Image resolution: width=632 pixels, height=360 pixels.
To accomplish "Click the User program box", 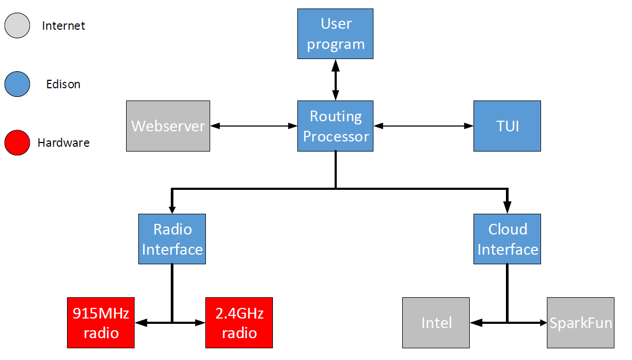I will pyautogui.click(x=335, y=34).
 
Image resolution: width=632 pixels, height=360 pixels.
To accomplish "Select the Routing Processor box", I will pyautogui.click(x=335, y=126).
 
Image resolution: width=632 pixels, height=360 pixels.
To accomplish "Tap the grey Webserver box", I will pyautogui.click(x=168, y=126).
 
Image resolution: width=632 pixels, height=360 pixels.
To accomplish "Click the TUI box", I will pyautogui.click(x=507, y=126).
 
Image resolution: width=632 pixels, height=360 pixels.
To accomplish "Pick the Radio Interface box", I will pyautogui.click(x=172, y=239).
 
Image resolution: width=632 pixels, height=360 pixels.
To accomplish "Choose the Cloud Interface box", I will pyautogui.click(x=507, y=239).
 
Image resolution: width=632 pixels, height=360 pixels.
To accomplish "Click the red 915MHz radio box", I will pyautogui.click(x=101, y=323).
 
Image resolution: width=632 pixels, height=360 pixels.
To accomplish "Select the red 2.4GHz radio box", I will pyautogui.click(x=239, y=323).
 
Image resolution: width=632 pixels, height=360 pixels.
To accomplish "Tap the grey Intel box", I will pyautogui.click(x=436, y=323).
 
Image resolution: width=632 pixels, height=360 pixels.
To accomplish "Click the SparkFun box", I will pyautogui.click(x=580, y=323).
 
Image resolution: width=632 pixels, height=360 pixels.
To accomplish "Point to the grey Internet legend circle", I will pyautogui.click(x=17, y=26).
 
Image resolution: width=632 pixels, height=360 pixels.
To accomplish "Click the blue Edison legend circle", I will pyautogui.click(x=17, y=84).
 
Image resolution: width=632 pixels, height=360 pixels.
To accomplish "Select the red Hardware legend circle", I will pyautogui.click(x=17, y=143).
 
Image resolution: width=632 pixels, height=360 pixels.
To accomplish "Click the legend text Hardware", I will pyautogui.click(x=63, y=143).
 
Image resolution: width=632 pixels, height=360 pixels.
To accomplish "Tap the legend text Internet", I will pyautogui.click(x=63, y=26).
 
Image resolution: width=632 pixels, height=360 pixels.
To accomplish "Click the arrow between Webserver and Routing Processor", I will pyautogui.click(x=254, y=126).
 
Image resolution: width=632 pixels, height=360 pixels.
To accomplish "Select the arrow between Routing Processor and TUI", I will pyautogui.click(x=423, y=126).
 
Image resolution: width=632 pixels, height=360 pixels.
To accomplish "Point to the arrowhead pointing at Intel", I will pyautogui.click(x=475, y=322).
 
